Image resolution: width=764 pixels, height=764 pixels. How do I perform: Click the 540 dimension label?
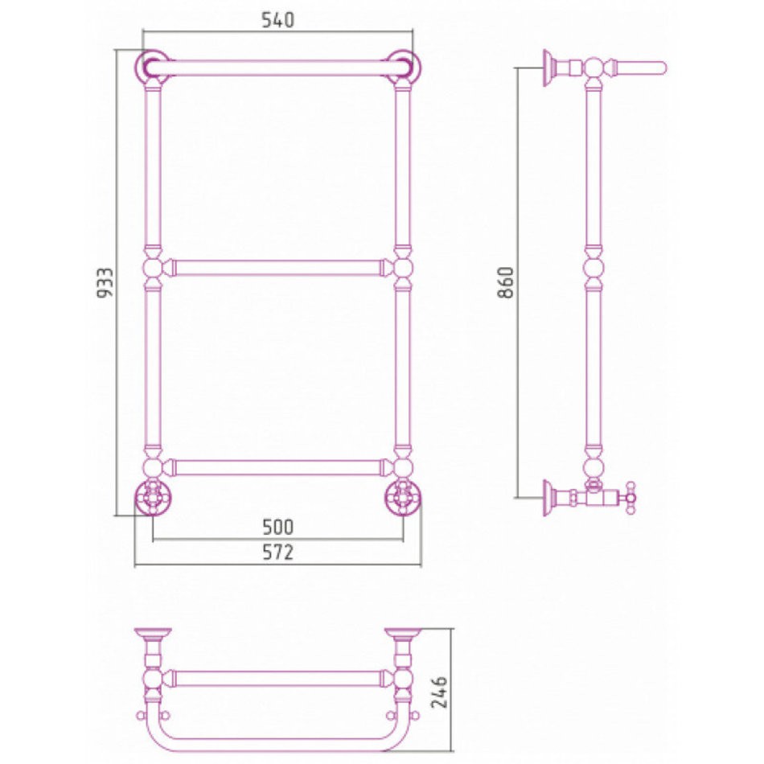tap(277, 20)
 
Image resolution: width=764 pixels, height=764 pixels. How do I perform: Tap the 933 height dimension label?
tap(105, 282)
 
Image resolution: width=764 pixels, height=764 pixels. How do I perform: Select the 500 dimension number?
tap(277, 527)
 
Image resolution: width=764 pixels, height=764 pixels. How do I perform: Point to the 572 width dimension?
tap(277, 552)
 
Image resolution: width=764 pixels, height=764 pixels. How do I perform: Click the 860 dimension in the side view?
tap(506, 282)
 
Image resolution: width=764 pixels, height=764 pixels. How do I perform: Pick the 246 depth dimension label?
tap(439, 692)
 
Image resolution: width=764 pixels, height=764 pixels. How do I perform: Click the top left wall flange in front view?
tap(152, 68)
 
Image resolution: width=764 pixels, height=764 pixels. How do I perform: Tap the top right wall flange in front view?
tap(404, 68)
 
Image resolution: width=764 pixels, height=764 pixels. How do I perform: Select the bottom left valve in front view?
tap(152, 498)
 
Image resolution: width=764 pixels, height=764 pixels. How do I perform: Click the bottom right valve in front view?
tap(404, 498)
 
